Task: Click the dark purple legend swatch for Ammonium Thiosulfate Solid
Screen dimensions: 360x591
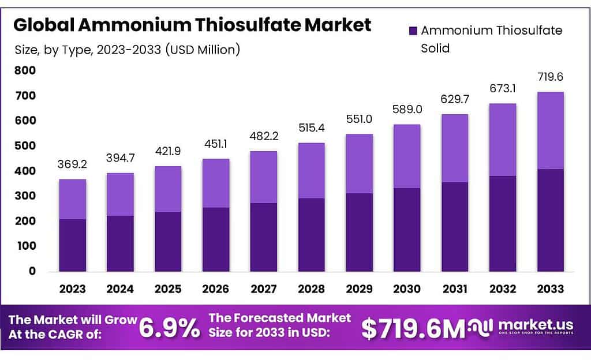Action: pos(413,30)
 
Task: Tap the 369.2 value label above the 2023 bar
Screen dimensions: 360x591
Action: pos(72,164)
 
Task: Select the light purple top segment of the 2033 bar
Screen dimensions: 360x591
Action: pos(551,130)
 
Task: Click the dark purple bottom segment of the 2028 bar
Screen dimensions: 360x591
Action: pos(312,235)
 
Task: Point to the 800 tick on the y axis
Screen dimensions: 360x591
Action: pos(25,71)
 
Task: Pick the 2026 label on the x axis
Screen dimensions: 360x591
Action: pos(216,288)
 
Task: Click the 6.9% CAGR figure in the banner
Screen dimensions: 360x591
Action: pos(171,328)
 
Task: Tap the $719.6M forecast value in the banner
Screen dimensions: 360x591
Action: pos(413,328)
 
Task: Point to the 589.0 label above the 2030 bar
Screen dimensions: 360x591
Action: pos(407,110)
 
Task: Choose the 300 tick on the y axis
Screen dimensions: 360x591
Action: pos(25,196)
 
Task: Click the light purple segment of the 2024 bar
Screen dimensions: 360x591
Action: pos(120,194)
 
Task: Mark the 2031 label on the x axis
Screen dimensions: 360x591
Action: pos(455,288)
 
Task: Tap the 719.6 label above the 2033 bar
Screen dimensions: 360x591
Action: pos(551,77)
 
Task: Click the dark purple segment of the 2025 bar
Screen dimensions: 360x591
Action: pos(168,241)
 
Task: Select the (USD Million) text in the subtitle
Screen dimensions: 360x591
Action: pos(203,50)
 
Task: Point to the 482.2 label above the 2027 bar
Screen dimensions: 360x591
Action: pos(264,137)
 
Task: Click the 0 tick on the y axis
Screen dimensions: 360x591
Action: pos(32,271)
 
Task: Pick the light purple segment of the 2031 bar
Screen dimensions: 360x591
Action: pos(455,148)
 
